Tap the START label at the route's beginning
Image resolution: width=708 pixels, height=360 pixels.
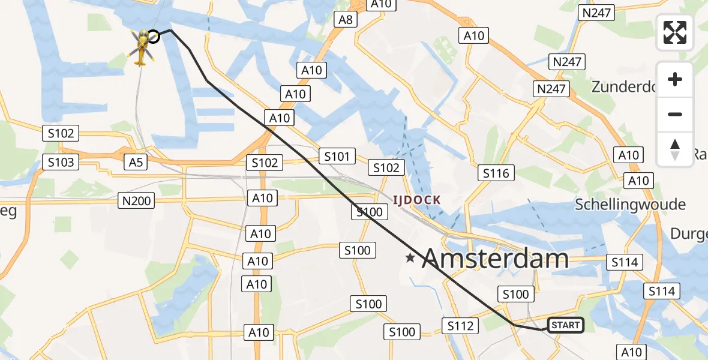tap(565, 325)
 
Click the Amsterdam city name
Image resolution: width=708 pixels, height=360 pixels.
tap(495, 259)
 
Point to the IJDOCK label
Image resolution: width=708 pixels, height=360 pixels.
tap(417, 200)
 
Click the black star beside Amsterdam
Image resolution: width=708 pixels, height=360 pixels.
tap(410, 259)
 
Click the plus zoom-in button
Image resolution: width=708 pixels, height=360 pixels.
tap(675, 79)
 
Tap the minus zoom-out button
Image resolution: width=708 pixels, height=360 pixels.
tap(675, 114)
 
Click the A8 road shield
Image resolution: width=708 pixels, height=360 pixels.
tap(346, 20)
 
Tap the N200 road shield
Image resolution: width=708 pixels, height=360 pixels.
tap(136, 201)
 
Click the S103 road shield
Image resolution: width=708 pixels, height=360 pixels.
tap(61, 162)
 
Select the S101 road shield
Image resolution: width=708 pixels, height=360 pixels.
tap(337, 157)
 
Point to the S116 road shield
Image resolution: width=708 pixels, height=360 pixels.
tap(496, 173)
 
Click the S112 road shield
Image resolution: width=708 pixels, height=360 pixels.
tap(461, 326)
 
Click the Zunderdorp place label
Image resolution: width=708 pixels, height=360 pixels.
tap(625, 87)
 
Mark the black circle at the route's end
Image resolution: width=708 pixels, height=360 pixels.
tap(154, 37)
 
